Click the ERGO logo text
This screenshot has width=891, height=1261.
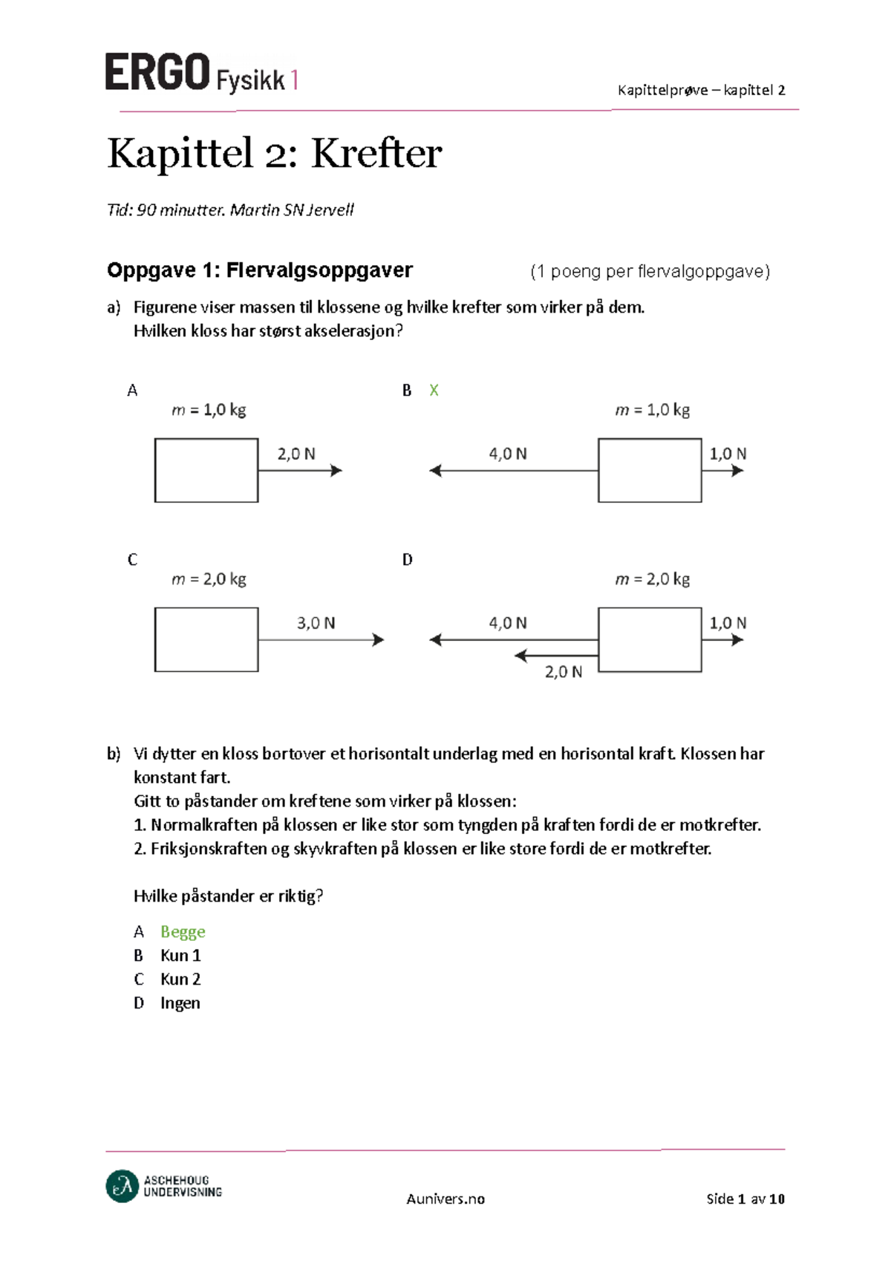coord(157,73)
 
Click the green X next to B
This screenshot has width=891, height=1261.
coord(434,391)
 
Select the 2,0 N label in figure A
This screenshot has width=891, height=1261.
coord(296,454)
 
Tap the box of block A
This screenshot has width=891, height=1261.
coord(206,470)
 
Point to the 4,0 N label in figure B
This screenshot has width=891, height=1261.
coord(508,454)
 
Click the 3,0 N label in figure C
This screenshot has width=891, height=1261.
coord(316,623)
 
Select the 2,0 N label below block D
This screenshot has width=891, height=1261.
coord(564,672)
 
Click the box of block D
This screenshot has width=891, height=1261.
coord(650,639)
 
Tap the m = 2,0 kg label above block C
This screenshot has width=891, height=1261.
coord(209,579)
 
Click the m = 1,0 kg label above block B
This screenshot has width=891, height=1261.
coord(653,410)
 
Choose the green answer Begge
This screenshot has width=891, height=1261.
coord(183,932)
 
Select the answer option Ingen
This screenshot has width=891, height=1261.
coord(180,1003)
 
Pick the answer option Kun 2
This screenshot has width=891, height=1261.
coord(180,980)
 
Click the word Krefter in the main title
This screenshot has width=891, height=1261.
coord(376,154)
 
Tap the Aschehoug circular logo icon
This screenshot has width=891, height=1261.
coord(123,1186)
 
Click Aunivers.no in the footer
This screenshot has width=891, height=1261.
coord(446,1199)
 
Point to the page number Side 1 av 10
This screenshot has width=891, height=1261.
coord(745,1199)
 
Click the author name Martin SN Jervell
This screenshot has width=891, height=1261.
coord(292,210)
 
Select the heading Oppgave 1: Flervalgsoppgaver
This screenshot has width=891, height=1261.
coord(260,270)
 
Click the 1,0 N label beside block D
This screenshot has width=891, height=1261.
coord(728,623)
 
